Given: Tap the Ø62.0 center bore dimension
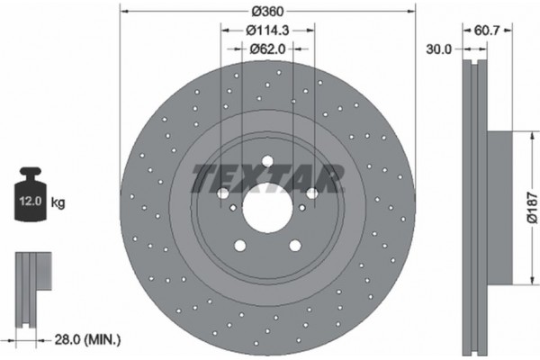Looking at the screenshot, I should coord(266,49).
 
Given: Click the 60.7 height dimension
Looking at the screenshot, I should coord(487,31).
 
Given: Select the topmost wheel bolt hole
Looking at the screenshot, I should coord(266,162).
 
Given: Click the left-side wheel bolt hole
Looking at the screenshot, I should coord(222,193).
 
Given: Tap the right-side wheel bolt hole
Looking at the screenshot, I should coord(311,193).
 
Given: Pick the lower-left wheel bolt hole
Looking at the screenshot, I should coord(239,246).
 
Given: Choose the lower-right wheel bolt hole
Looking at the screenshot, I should coord(294,246).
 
